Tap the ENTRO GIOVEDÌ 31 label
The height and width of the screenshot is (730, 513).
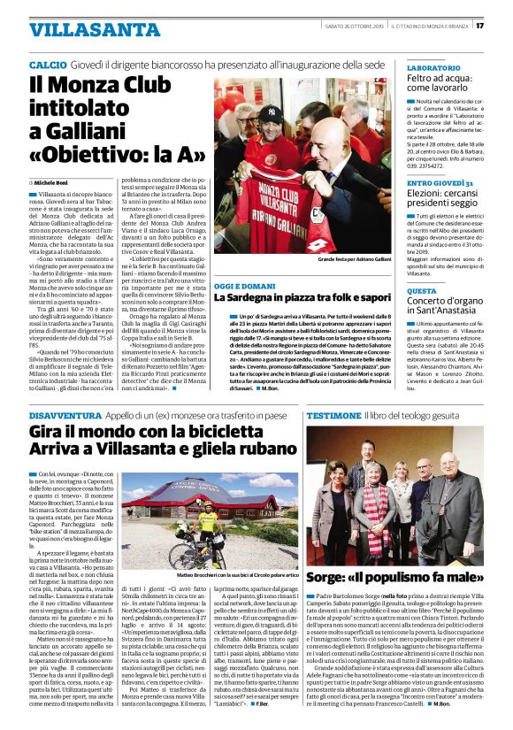pyautogui.click(x=440, y=181)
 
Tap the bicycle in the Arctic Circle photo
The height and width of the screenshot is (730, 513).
pyautogui.click(x=192, y=540)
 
